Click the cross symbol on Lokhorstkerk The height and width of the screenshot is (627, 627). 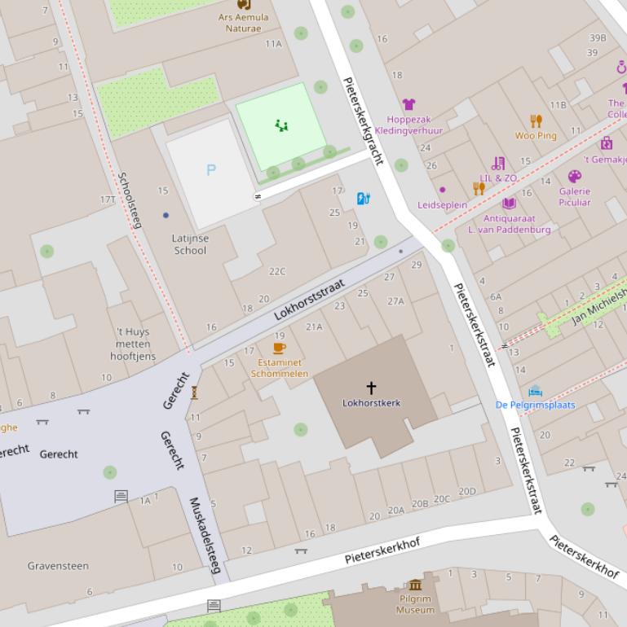click(x=371, y=388)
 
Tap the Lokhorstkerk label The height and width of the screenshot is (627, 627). click(x=371, y=403)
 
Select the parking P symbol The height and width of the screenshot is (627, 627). click(x=211, y=170)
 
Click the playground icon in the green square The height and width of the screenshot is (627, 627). click(x=281, y=125)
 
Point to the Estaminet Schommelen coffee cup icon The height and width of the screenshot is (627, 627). click(x=280, y=348)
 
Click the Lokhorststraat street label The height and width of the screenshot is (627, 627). click(x=309, y=300)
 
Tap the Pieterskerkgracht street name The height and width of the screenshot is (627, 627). click(x=363, y=121)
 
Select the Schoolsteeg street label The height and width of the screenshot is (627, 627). click(x=129, y=199)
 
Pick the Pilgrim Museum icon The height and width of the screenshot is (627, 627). click(x=416, y=585)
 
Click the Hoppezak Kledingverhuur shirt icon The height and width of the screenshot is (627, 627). click(x=408, y=104)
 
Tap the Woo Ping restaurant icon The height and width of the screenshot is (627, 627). click(x=536, y=121)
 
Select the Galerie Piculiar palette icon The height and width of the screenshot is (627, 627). click(x=574, y=177)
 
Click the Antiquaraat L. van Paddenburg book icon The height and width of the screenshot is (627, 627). click(x=509, y=204)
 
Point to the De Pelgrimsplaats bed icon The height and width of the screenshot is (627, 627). click(x=535, y=391)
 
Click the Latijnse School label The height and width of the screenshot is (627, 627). click(x=190, y=244)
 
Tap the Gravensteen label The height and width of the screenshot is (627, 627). click(x=58, y=566)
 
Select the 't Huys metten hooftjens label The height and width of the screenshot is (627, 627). click(x=131, y=344)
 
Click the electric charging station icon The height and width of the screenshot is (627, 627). click(x=364, y=198)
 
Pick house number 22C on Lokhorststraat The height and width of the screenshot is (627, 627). click(x=277, y=272)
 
